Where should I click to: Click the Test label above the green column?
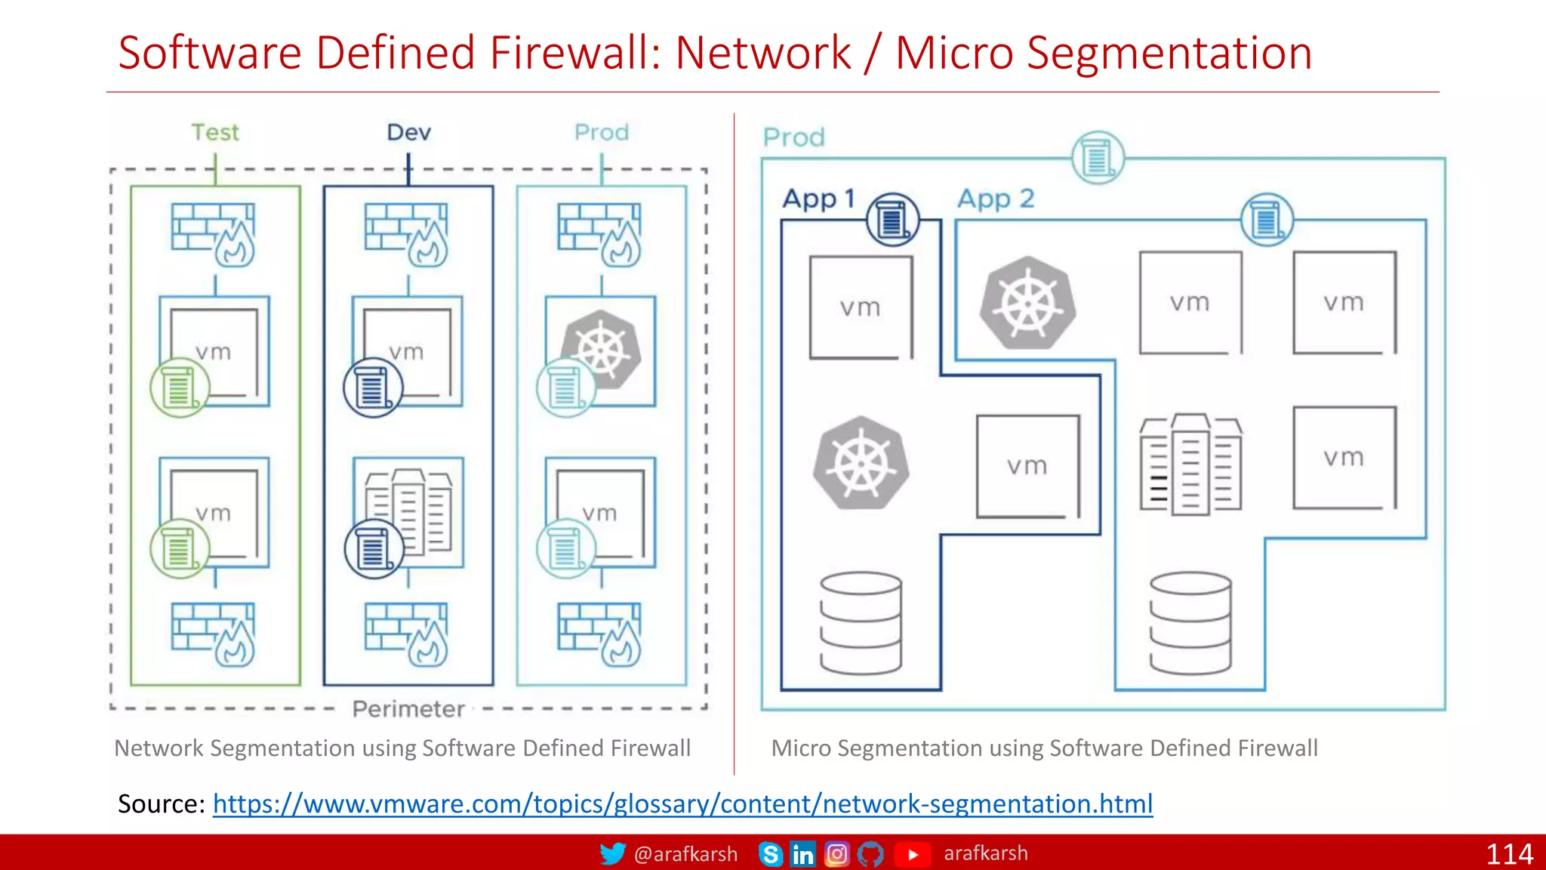pos(215,132)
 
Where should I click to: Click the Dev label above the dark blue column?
pos(408,132)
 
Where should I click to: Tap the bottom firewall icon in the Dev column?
pos(406,634)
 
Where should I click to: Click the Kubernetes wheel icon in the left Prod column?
pos(602,349)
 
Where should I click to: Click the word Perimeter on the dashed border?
pos(408,708)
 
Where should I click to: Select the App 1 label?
pos(819,199)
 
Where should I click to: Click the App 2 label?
pos(996,199)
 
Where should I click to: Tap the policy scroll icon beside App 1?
pos(892,220)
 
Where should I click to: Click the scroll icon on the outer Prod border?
pos(1098,159)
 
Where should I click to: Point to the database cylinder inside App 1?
pos(861,623)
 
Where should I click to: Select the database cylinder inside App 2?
pos(1190,623)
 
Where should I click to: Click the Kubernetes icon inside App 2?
pos(1027,303)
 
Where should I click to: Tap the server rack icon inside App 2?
pos(1190,464)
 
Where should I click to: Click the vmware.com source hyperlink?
pos(682,804)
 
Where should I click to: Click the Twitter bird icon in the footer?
pos(612,853)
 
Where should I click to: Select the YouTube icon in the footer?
pos(913,854)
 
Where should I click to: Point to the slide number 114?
pos(1508,854)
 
